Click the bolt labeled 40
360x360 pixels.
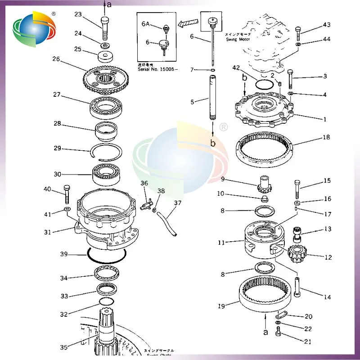[x=67, y=194]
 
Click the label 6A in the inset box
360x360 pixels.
[x=146, y=24]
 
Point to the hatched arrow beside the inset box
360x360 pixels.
[x=188, y=21]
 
